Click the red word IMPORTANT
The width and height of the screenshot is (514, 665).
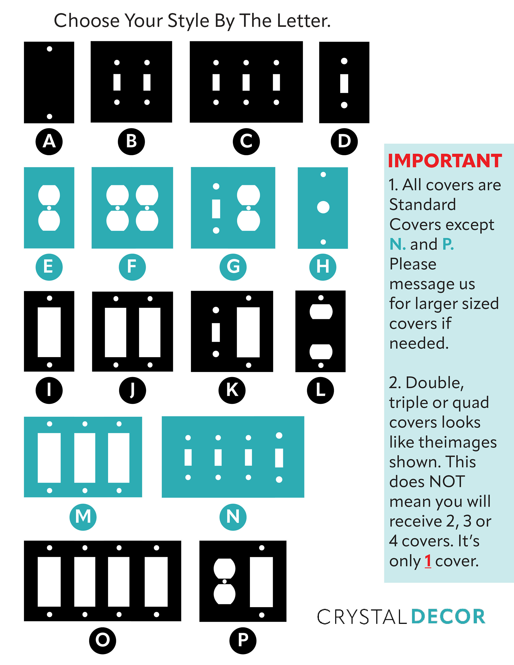click(445, 160)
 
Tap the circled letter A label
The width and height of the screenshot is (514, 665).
click(49, 142)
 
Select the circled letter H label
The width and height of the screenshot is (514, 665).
click(323, 267)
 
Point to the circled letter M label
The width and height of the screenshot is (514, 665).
click(83, 517)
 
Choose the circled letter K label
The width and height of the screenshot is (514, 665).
click(232, 390)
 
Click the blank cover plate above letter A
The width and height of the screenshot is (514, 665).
click(49, 82)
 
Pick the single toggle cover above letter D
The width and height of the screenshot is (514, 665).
click(344, 82)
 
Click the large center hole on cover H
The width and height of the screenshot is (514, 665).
click(323, 207)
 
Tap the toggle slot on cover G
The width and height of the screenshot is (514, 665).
click(216, 209)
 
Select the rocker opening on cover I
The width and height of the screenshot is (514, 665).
click(49, 332)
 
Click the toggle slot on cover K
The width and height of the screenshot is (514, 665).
click(216, 332)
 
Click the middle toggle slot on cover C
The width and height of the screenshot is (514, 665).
click(246, 82)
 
